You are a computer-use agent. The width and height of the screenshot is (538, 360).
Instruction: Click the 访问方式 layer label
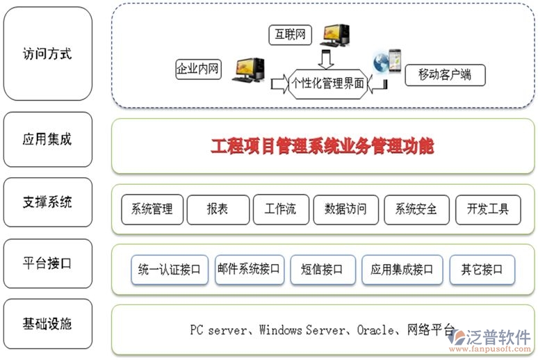pos(47,54)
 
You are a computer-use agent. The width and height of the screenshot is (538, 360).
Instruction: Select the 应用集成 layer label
pos(47,139)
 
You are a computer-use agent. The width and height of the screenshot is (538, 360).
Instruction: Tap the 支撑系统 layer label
pos(47,203)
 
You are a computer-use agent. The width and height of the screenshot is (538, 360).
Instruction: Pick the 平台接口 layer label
pos(47,264)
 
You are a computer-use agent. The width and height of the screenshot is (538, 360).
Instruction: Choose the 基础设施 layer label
pos(47,324)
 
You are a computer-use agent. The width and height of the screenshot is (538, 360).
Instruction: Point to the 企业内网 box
pos(198,69)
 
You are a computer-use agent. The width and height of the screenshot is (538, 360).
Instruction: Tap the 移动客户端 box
pos(445,74)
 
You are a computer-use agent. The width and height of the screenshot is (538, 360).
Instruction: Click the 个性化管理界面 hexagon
pos(328,83)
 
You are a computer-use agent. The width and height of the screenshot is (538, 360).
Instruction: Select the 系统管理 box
pos(152,208)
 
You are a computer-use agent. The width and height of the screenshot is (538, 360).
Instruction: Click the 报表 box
pos(218,208)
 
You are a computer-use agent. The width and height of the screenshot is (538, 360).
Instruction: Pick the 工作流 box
pos(280,208)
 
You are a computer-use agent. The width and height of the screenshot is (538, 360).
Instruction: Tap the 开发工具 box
pos(488,208)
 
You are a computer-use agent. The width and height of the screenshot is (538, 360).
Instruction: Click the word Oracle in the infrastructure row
pos(375,330)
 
